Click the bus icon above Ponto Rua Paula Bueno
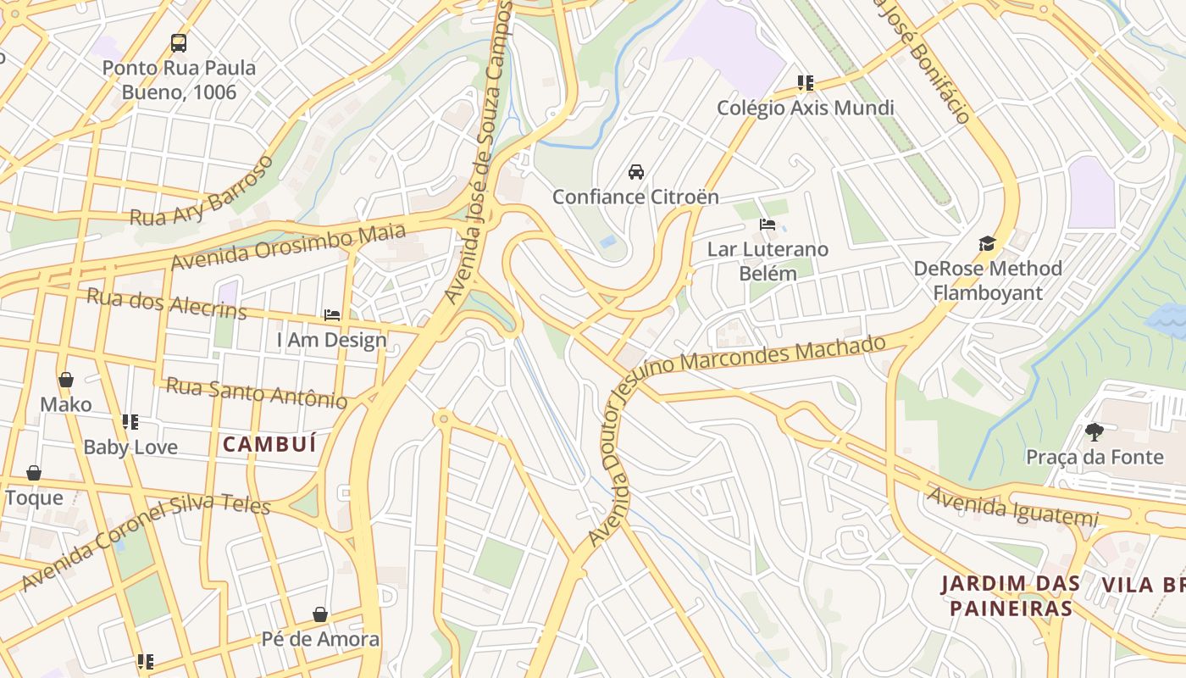(x=179, y=42)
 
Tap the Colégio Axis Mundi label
(x=805, y=108)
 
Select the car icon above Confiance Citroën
(x=635, y=172)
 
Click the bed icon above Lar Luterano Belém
(x=768, y=225)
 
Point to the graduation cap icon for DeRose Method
(x=987, y=244)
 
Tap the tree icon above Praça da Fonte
(x=1095, y=432)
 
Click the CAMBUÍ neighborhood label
(x=269, y=443)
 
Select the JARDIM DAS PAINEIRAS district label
(x=1011, y=596)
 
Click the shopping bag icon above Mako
(x=66, y=380)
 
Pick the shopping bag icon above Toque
(x=34, y=473)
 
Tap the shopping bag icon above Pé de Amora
(x=320, y=614)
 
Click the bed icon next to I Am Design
(x=332, y=315)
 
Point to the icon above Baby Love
(x=130, y=422)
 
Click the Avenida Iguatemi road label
(x=1012, y=506)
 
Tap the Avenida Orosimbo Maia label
(x=288, y=247)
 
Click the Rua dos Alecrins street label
(x=166, y=303)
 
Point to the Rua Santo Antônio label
(x=256, y=392)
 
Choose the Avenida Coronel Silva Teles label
(x=145, y=542)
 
